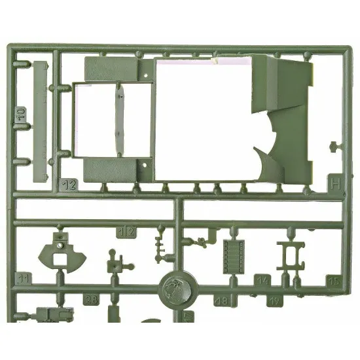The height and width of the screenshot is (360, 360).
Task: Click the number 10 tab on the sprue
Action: click(x=20, y=114)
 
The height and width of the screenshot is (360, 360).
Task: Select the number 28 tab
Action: click(x=92, y=300)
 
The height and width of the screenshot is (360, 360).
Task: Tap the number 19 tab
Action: click(x=276, y=301)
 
